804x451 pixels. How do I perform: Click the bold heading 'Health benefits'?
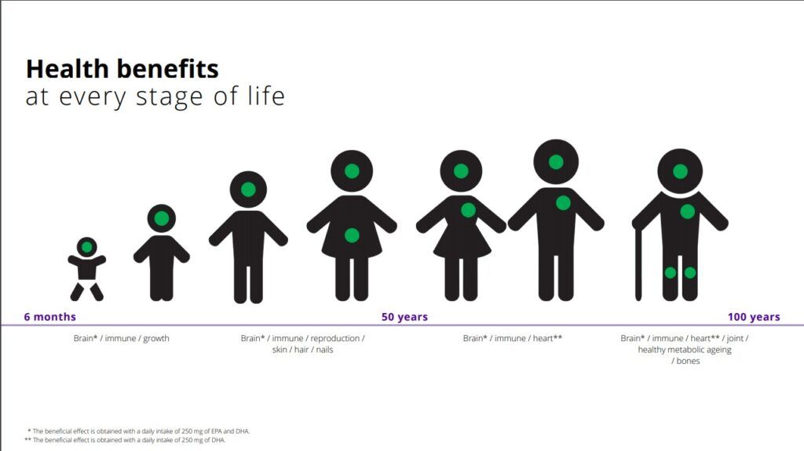coord(122,69)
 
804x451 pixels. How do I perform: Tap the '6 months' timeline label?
coord(49,317)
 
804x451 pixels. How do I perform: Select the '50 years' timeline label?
coord(404,317)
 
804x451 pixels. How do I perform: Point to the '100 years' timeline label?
coord(754,317)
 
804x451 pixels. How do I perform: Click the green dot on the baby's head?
coord(86,248)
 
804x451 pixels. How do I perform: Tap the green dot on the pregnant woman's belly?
coord(352,235)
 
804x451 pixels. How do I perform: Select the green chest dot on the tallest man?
coord(563,203)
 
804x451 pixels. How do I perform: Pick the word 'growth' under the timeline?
coord(156,339)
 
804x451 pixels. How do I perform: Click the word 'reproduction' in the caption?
coord(334,338)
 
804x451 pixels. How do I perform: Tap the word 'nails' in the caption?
coord(324,350)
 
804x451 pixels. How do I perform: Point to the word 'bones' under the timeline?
coord(688,361)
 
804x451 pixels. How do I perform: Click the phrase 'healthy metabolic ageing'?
coord(685,350)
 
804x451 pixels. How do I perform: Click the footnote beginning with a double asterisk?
coord(125,440)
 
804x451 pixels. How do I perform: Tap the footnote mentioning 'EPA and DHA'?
coord(138,431)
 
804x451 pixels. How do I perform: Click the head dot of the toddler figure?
coord(162,218)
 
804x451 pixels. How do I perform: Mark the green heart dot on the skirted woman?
coord(468,209)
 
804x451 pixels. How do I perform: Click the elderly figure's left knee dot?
coord(671,273)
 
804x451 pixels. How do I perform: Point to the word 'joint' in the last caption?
coord(735,338)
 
